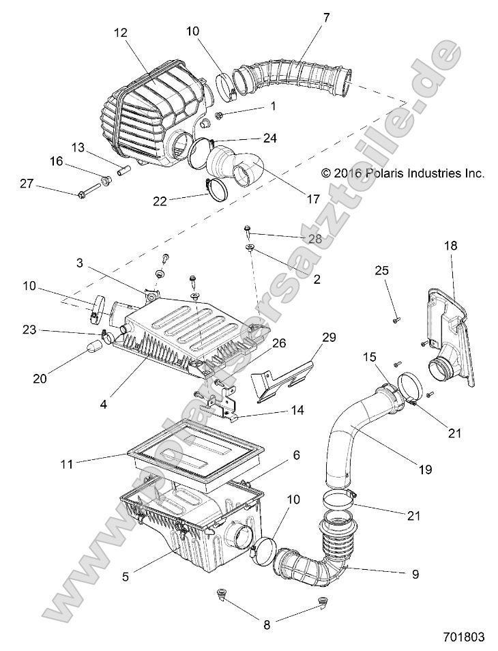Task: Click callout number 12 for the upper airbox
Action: click(x=121, y=33)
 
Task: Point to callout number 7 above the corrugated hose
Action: click(x=326, y=18)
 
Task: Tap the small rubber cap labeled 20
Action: click(x=93, y=350)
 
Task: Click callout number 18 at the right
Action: click(x=452, y=245)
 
